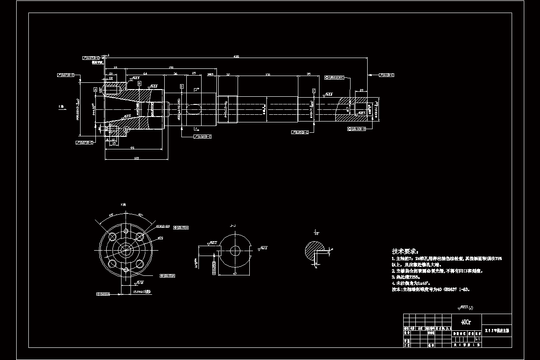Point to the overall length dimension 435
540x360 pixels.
(x=236, y=57)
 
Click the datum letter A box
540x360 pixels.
(x=95, y=90)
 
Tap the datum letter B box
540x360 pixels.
(x=139, y=84)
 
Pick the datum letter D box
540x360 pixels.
(x=182, y=86)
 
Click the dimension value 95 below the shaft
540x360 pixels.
(x=133, y=148)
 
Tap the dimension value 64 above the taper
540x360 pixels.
(x=145, y=73)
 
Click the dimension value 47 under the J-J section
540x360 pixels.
(x=235, y=273)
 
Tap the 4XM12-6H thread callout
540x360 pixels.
(x=162, y=226)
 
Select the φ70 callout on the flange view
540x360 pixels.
(x=160, y=238)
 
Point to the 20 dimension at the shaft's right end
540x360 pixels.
(x=361, y=90)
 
